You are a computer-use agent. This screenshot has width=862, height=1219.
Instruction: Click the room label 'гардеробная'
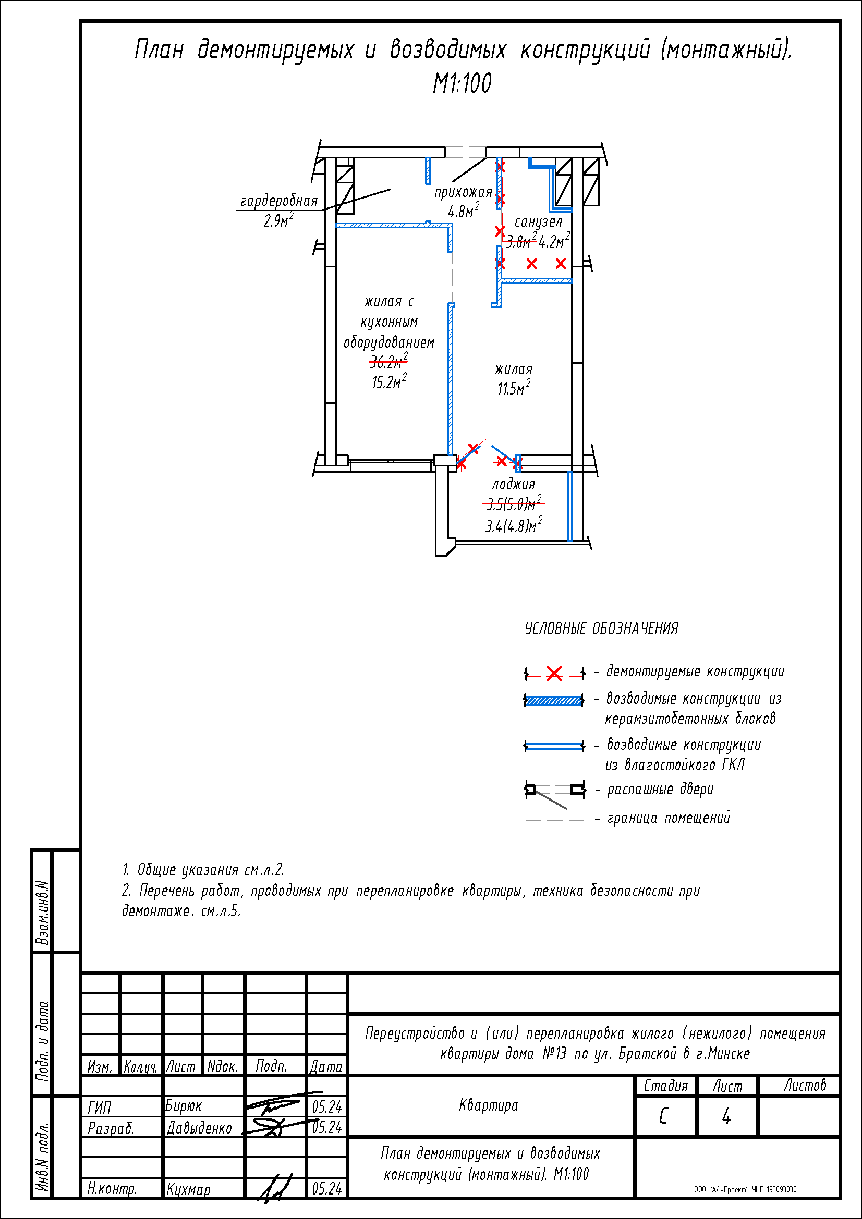pyautogui.click(x=279, y=201)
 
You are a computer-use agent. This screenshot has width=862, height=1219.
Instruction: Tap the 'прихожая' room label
pyautogui.click(x=463, y=192)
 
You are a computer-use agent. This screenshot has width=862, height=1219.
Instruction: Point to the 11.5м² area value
pyautogui.click(x=514, y=388)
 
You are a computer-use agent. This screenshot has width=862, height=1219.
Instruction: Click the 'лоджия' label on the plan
pyautogui.click(x=514, y=484)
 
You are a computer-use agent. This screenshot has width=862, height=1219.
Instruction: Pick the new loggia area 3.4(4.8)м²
pyautogui.click(x=514, y=525)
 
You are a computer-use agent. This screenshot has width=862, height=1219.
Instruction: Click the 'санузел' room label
pyautogui.click(x=538, y=221)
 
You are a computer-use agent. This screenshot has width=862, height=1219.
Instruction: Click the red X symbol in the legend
pyautogui.click(x=554, y=673)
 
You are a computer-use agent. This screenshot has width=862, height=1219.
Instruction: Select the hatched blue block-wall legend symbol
pyautogui.click(x=554, y=700)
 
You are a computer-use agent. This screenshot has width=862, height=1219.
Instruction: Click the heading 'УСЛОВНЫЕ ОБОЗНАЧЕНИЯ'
pyautogui.click(x=601, y=629)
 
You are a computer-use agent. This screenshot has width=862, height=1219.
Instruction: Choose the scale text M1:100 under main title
pyautogui.click(x=462, y=83)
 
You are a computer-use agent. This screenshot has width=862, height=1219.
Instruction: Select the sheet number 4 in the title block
pyautogui.click(x=726, y=1116)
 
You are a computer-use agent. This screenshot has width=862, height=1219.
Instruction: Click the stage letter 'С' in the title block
pyautogui.click(x=663, y=1116)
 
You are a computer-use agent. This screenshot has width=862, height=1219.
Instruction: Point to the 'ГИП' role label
pyautogui.click(x=99, y=1107)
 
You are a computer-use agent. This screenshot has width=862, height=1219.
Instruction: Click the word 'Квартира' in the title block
pyautogui.click(x=489, y=1105)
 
